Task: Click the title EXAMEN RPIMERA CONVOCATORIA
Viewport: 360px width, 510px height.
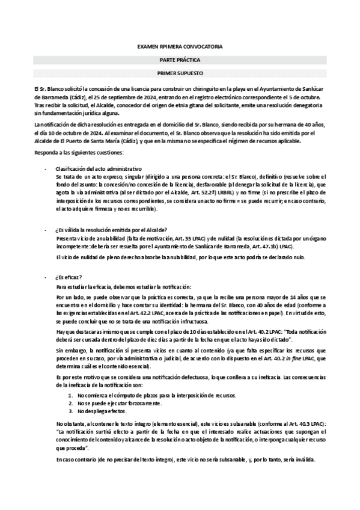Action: [180, 46]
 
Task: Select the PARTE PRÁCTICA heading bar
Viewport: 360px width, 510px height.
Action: [180, 60]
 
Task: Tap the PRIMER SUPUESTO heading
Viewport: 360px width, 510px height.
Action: [180, 73]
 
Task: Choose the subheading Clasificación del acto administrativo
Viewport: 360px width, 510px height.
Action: [98, 170]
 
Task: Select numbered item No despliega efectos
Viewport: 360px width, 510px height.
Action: [102, 411]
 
